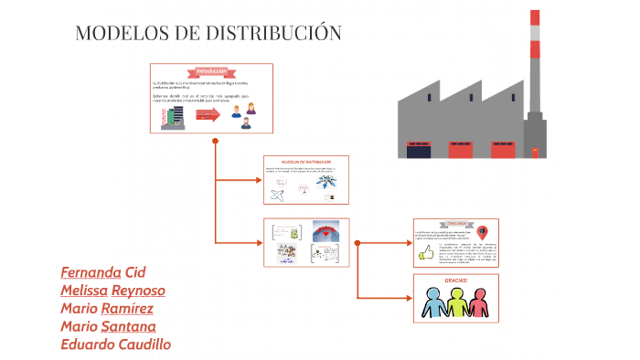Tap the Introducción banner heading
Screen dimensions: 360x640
(x=210, y=71)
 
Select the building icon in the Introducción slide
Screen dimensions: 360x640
(x=171, y=115)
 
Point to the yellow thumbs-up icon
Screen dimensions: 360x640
(x=425, y=254)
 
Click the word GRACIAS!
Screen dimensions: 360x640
(x=455, y=280)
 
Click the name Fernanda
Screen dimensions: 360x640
(x=91, y=272)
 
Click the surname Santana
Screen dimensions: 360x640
(x=129, y=326)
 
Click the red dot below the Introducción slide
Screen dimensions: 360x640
(x=215, y=141)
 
